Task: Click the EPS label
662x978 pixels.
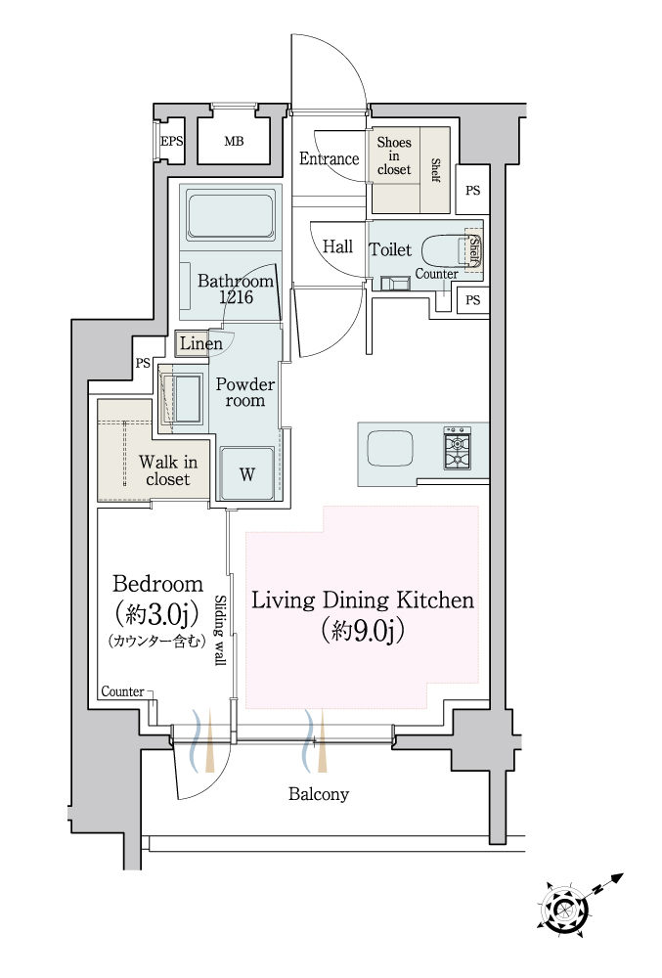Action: point(171,141)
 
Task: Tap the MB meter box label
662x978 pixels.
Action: point(234,142)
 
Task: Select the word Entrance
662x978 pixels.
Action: point(329,158)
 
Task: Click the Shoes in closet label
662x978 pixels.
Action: point(394,156)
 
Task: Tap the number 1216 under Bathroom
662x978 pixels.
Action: point(236,297)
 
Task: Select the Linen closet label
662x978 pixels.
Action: point(200,343)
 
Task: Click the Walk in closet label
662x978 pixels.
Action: point(167,470)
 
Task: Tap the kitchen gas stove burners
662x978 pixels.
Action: point(457,447)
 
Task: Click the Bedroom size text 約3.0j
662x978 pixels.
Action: point(157,615)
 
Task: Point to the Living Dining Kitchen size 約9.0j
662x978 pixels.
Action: point(363,631)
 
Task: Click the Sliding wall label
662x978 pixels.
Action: point(220,630)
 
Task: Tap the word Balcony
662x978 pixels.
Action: point(319,794)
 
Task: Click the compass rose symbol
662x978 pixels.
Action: point(565,909)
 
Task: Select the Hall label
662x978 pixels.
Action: point(337,246)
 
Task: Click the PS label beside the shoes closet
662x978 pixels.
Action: point(472,191)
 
